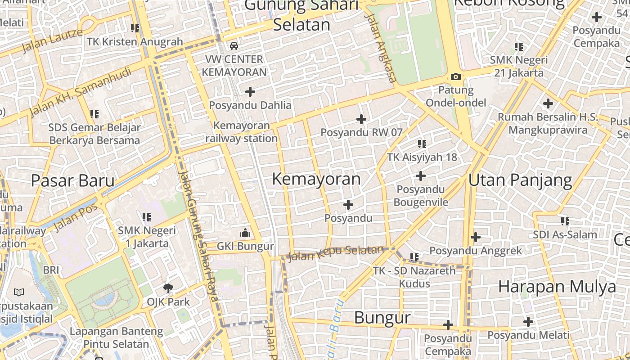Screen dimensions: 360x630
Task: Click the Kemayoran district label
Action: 316,179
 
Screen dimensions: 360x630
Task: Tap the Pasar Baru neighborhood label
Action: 72,180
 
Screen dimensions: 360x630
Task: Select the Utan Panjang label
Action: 520,180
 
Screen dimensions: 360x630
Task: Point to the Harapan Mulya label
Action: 557,287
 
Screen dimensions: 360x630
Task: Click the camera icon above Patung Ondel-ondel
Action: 456,77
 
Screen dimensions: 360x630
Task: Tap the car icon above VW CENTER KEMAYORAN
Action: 234,45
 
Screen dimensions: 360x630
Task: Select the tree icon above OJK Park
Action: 168,288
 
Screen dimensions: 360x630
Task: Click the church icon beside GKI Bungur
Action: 245,233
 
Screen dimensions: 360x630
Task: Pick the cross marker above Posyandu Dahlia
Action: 250,92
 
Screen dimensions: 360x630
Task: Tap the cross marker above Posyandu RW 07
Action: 361,119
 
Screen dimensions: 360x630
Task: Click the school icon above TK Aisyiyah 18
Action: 422,144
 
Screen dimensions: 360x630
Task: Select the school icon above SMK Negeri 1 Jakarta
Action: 146,217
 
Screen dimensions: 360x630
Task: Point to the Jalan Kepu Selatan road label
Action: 335,253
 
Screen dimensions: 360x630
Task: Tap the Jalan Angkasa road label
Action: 381,47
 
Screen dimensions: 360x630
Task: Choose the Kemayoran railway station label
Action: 242,132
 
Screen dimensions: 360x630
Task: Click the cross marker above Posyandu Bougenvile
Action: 421,175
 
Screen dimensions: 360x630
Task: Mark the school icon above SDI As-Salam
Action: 565,221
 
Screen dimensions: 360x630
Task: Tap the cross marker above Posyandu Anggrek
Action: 476,237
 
